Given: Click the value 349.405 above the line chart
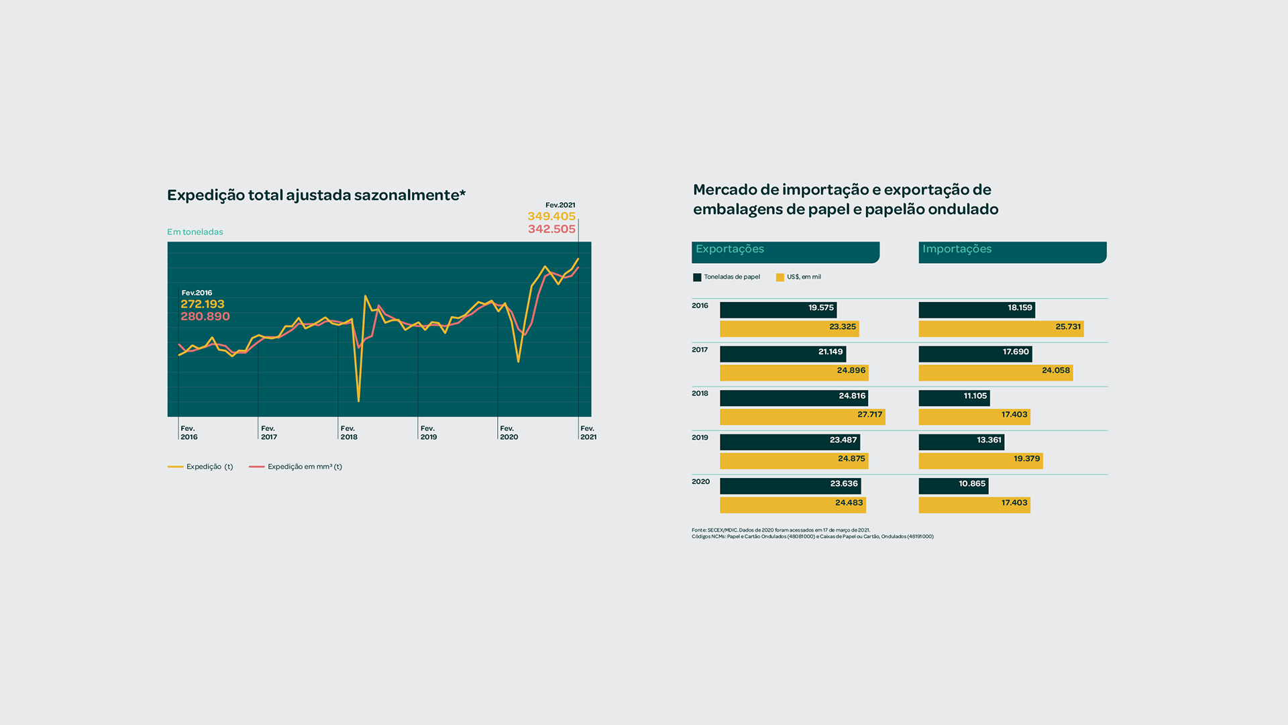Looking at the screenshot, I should point(551,216).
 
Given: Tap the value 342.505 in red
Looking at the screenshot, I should point(551,229).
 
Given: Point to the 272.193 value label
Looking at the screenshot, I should point(203,304).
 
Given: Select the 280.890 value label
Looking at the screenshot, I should point(205,317).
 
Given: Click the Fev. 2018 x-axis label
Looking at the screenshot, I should point(349,432).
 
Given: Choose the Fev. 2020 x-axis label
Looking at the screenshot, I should point(508,432).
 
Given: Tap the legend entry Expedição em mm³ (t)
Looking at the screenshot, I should point(296,467).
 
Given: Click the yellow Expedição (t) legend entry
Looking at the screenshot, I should point(201,467).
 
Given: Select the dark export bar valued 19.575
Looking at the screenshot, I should point(778,309).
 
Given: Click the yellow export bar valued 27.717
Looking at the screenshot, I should point(802,416).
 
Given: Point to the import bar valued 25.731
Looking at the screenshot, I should point(1001,328).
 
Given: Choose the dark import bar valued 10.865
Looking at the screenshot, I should point(953,485).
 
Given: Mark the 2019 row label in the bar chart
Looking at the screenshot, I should point(700,438).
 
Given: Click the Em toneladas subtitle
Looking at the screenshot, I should point(195,232).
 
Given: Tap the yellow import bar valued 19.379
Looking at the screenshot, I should point(981,461).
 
